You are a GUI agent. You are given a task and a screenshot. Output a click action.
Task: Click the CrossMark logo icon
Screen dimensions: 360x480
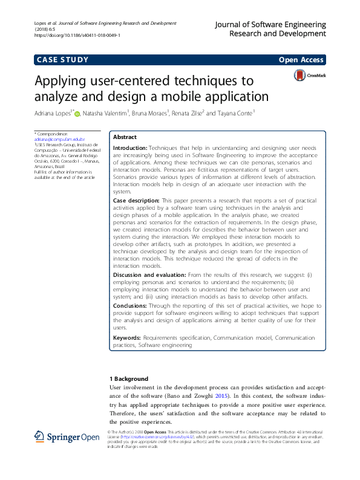pos(300,76)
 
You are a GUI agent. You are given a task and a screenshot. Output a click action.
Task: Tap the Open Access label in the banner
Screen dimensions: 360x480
pos(301,60)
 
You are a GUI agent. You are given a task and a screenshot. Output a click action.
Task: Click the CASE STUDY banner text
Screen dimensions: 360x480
pos(63,60)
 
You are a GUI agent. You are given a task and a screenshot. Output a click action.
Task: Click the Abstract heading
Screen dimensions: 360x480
pos(125,137)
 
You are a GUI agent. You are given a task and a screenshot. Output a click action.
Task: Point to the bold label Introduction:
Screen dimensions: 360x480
pos(130,148)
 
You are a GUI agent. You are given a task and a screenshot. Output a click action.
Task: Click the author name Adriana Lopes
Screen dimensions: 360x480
pos(53,112)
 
